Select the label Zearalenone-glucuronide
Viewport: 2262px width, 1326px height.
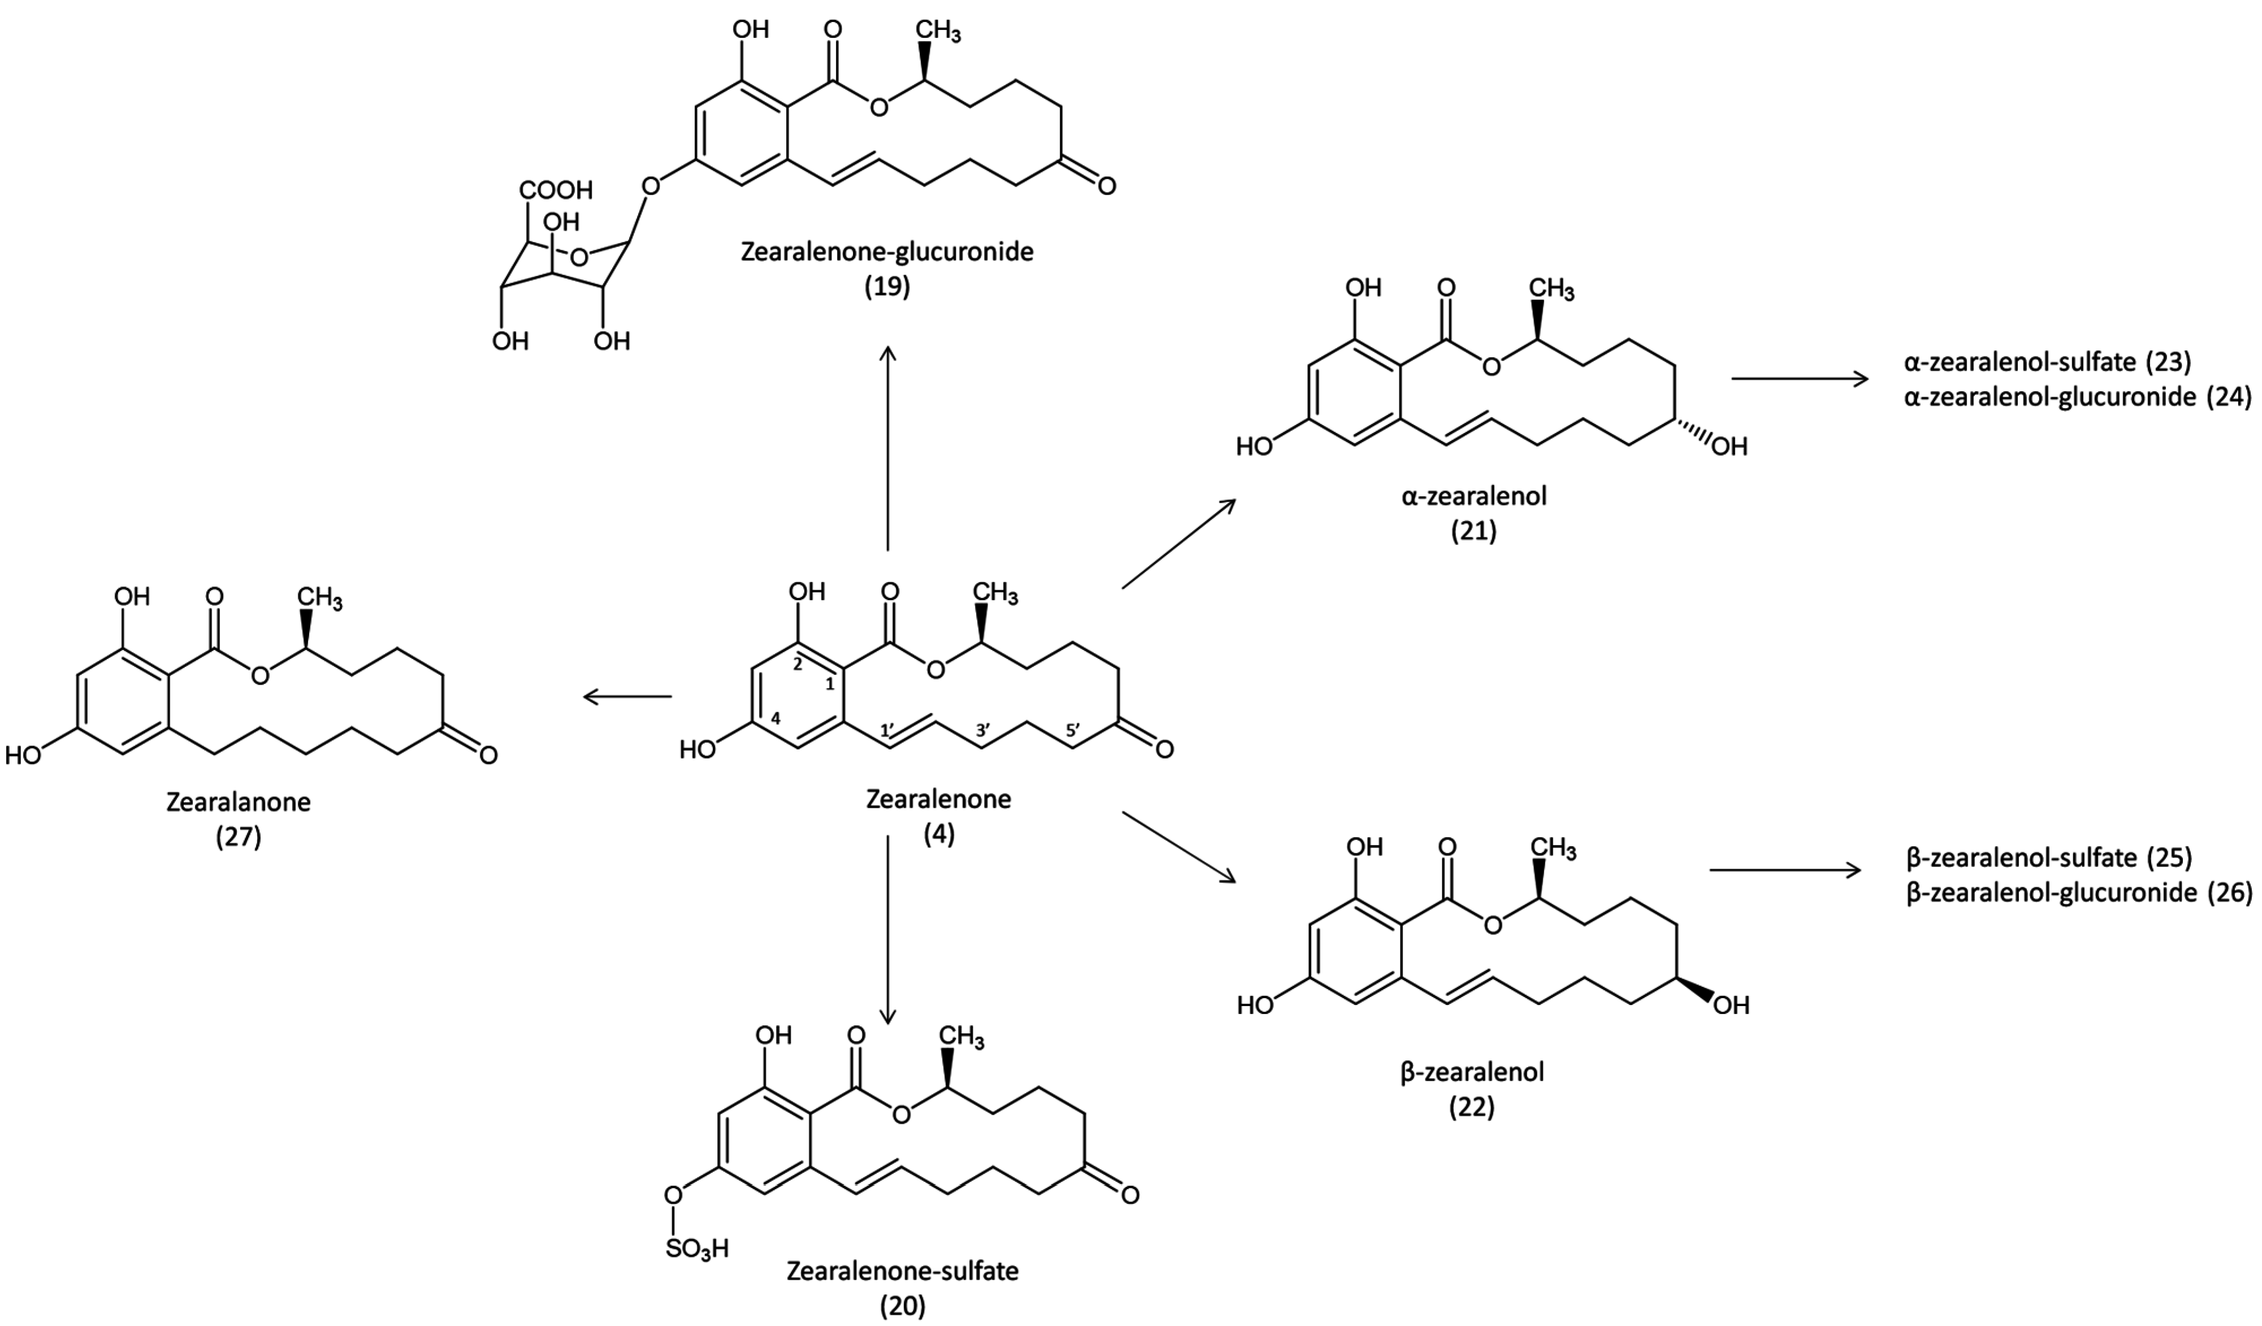887,252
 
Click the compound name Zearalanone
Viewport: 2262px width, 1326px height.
239,801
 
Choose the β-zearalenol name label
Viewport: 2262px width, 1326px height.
1472,1071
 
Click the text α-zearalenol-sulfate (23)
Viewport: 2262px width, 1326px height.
2047,362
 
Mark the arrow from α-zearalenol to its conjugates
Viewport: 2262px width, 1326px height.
1799,379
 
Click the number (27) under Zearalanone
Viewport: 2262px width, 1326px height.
239,837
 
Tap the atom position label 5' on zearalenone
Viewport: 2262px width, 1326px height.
1073,731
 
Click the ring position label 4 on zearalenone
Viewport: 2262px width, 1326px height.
775,718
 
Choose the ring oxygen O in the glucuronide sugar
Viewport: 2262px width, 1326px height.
579,258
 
